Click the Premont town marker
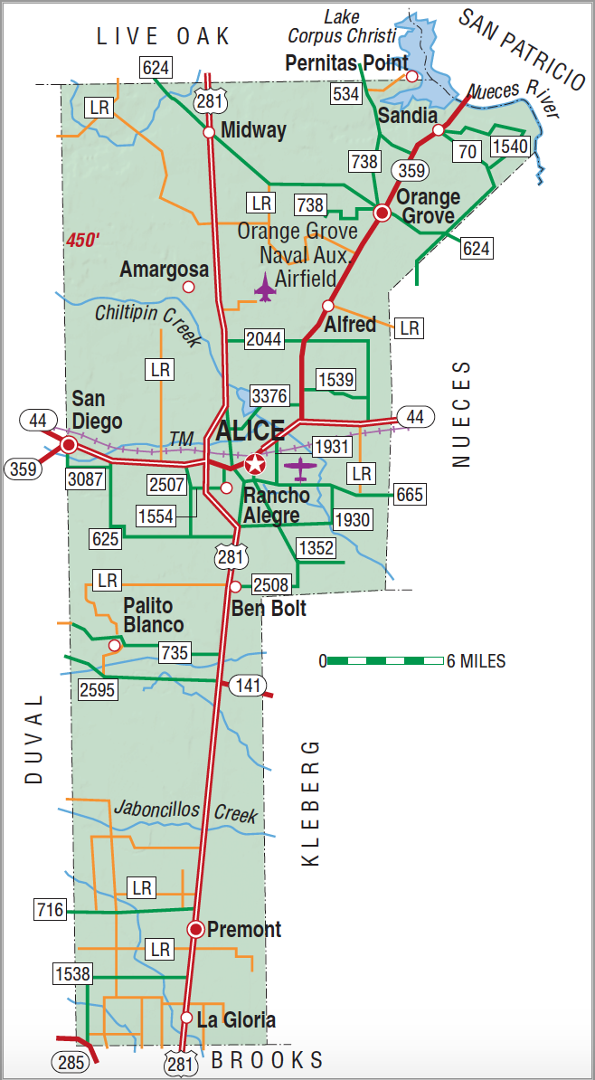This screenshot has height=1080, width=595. coord(194,929)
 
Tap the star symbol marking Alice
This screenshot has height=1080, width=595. coord(256,465)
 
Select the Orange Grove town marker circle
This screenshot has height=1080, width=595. coord(382,213)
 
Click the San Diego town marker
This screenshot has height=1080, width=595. coord(69,444)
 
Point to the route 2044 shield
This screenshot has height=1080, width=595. coord(265,339)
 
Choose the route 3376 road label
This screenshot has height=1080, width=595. coord(269,395)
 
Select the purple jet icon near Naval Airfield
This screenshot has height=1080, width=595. coord(265,288)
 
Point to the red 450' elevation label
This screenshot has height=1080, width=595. coord(83,240)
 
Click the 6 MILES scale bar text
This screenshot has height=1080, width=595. coord(476,660)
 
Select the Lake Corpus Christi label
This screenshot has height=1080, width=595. coord(342,27)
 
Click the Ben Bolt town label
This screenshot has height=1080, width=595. coord(269,608)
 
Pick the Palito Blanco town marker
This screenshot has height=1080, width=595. coord(114,645)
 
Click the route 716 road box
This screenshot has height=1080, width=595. coord(50,909)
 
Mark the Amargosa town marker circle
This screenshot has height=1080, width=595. coord(188,287)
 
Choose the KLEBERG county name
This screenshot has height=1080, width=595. coord(311,803)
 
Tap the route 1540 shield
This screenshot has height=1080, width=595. coord(508,146)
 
